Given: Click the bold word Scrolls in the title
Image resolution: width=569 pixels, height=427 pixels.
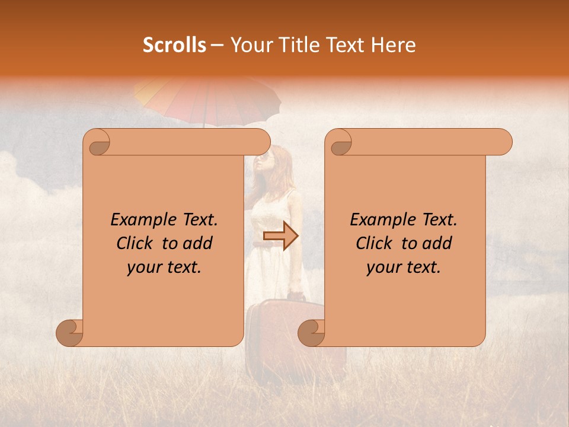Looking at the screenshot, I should pyautogui.click(x=174, y=45).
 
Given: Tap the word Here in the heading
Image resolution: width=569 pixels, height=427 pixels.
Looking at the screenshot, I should pyautogui.click(x=394, y=45).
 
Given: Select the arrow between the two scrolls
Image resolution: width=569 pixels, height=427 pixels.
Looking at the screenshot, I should pyautogui.click(x=281, y=236).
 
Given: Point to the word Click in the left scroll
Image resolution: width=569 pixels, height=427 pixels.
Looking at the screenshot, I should pyautogui.click(x=136, y=243).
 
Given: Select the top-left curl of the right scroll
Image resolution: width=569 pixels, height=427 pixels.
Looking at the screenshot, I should pyautogui.click(x=340, y=143).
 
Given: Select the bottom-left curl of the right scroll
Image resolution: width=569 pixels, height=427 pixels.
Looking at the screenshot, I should pyautogui.click(x=312, y=333).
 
